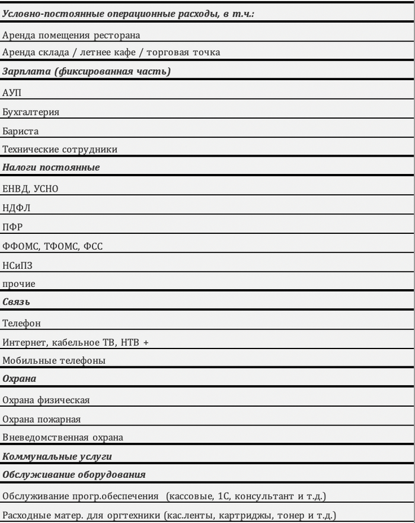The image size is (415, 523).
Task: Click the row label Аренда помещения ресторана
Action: [x=71, y=34]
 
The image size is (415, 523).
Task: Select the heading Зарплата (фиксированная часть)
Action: [x=87, y=72]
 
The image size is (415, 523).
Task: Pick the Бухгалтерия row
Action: [x=31, y=112]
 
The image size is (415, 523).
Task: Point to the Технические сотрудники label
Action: [x=60, y=150]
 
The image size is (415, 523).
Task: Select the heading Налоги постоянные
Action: [x=51, y=167]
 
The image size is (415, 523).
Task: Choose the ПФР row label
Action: [x=12, y=227]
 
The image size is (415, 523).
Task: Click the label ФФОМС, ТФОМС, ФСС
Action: [x=52, y=246]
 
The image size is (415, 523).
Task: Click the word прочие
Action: [x=19, y=284]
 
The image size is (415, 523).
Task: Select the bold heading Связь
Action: [x=16, y=302]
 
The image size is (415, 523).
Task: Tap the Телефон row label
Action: [x=22, y=324]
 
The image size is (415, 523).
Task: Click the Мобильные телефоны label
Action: [x=54, y=360]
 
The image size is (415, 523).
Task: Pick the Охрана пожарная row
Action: [x=41, y=419]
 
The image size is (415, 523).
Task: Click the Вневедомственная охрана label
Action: [x=63, y=438]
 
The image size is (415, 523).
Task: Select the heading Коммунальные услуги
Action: [x=57, y=457]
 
